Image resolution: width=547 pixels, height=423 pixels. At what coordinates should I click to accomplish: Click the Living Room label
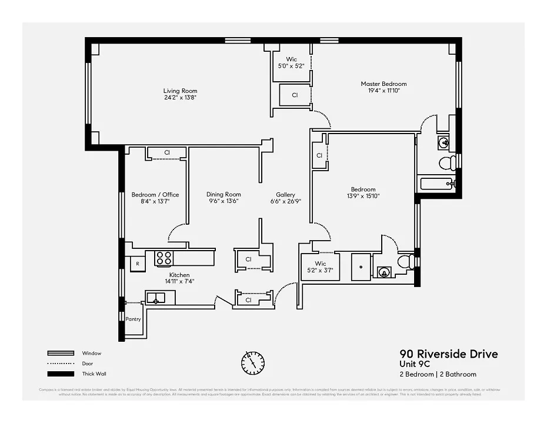tap(180, 91)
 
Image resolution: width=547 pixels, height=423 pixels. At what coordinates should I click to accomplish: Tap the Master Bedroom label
tap(383, 84)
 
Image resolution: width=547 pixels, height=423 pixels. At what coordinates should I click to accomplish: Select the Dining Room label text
tap(224, 195)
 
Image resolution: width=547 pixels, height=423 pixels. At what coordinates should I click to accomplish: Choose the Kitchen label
tap(179, 275)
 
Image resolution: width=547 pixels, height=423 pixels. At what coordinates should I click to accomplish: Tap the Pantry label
tap(134, 319)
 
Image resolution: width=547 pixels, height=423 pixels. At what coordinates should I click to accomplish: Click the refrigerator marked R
tap(138, 264)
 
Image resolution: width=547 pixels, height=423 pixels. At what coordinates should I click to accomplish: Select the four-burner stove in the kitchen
tap(164, 258)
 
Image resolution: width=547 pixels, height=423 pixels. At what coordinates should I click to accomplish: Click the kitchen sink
tap(156, 298)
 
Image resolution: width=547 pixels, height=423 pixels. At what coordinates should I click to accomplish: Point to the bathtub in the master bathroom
tap(436, 184)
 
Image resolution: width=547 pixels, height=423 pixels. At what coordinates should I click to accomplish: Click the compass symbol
tap(253, 361)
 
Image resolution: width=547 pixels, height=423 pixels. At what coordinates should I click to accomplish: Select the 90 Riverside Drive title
tap(448, 354)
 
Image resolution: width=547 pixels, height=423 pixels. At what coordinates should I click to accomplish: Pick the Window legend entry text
tap(92, 353)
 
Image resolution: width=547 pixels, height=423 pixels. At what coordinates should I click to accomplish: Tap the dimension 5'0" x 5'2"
tap(291, 66)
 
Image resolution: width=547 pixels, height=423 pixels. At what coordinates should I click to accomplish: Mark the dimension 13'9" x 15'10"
tap(363, 196)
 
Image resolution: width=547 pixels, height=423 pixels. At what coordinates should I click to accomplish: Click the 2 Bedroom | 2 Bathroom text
tap(438, 374)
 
